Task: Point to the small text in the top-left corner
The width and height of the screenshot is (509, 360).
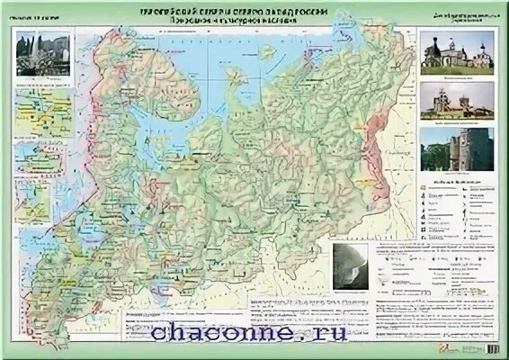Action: click(34, 15)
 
